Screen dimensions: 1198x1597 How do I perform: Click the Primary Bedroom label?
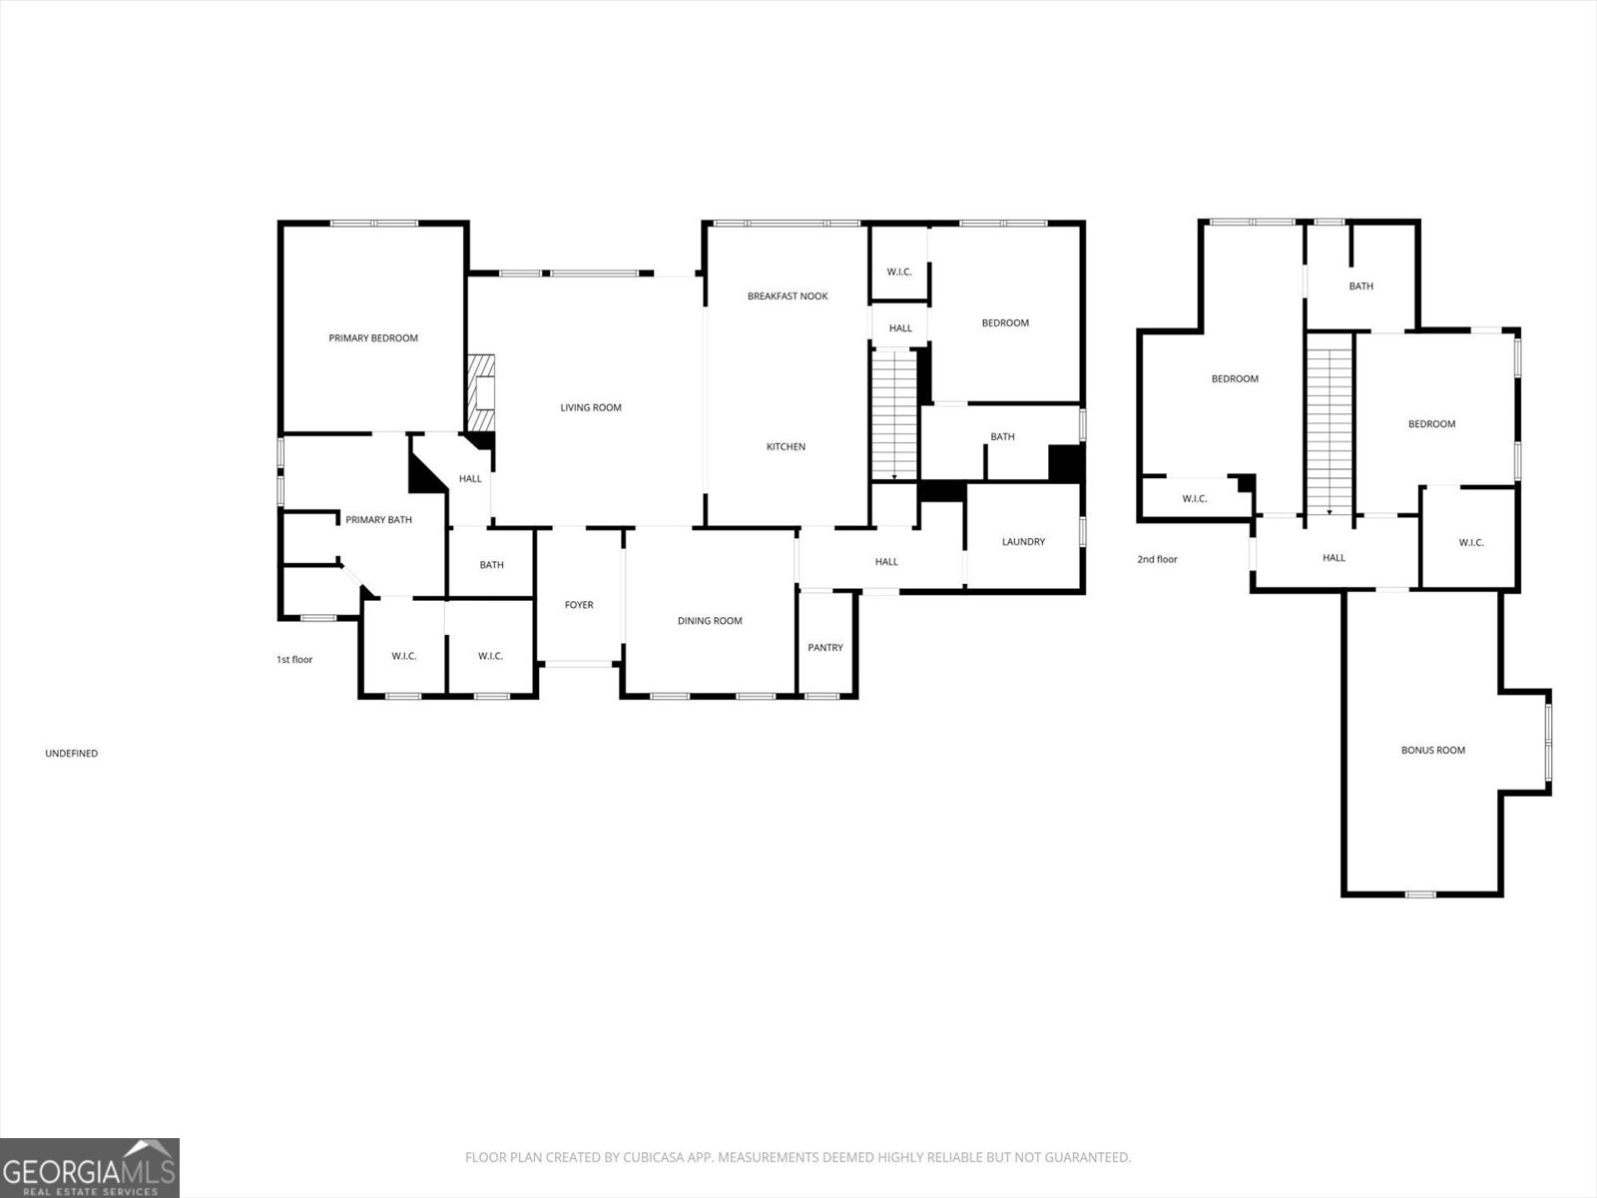click(373, 338)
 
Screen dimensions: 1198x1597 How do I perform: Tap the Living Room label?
click(591, 407)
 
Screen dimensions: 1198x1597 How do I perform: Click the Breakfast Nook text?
click(788, 297)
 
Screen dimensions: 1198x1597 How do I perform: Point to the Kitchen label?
click(786, 447)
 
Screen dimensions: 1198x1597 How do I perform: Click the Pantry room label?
click(825, 648)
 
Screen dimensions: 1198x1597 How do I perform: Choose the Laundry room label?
click(1023, 542)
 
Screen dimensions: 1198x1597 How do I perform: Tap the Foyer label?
click(579, 605)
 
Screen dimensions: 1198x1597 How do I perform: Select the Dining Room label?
click(710, 621)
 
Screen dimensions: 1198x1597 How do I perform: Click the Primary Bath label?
click(378, 520)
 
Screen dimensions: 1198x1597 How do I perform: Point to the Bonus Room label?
click(1432, 750)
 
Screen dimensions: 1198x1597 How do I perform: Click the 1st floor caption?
click(294, 660)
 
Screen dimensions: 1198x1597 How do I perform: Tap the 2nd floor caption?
click(1157, 560)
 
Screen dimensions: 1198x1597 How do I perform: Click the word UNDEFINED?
click(71, 754)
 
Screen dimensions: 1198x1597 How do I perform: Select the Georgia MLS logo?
click(90, 1167)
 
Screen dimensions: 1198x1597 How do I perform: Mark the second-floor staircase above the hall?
click(1329, 425)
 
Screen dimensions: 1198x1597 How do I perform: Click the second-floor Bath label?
click(1360, 287)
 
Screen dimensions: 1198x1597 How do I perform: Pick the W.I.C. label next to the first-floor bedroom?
click(899, 273)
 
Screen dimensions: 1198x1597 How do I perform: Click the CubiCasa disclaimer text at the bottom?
click(798, 1158)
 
